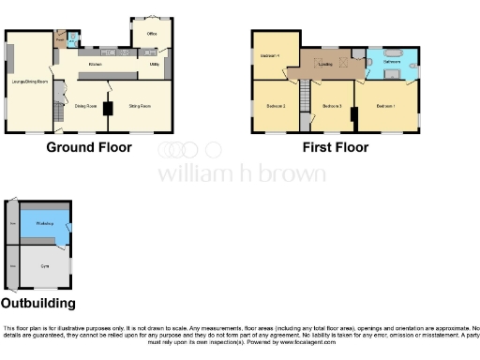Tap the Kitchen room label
(95, 64)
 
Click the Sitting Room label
(140, 106)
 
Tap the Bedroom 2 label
(275, 106)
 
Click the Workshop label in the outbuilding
(43, 224)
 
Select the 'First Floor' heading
(335, 147)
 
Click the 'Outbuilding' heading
(37, 304)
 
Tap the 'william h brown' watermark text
(241, 173)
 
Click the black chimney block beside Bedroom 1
(353, 115)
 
